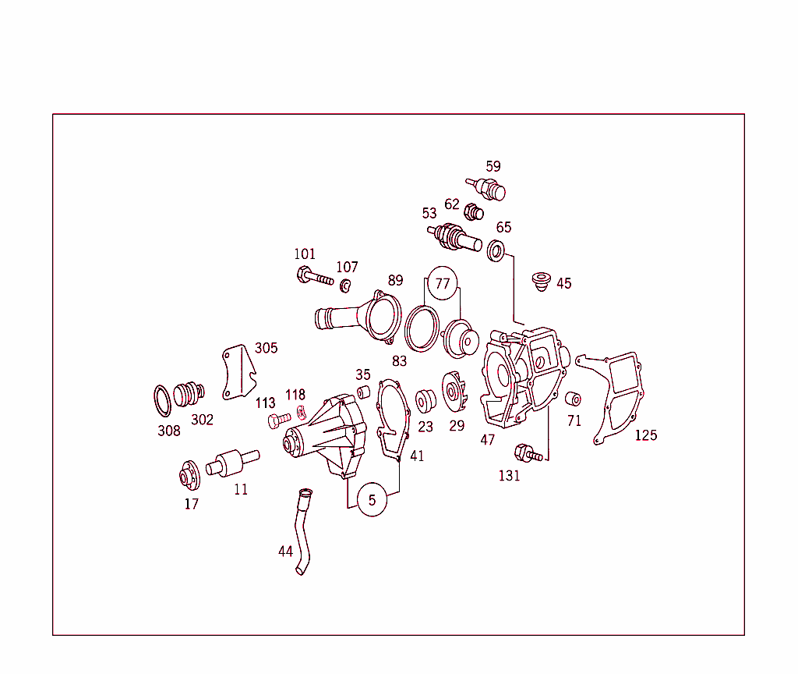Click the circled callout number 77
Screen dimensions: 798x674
click(x=443, y=282)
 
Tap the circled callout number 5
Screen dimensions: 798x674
click(x=372, y=500)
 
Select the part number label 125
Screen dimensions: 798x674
click(x=646, y=435)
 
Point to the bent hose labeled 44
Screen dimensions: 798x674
click(x=302, y=531)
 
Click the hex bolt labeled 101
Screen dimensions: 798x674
click(x=315, y=275)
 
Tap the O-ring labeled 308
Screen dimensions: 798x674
click(x=162, y=401)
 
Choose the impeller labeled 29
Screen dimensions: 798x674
click(x=454, y=392)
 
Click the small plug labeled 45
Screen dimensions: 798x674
click(x=541, y=282)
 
